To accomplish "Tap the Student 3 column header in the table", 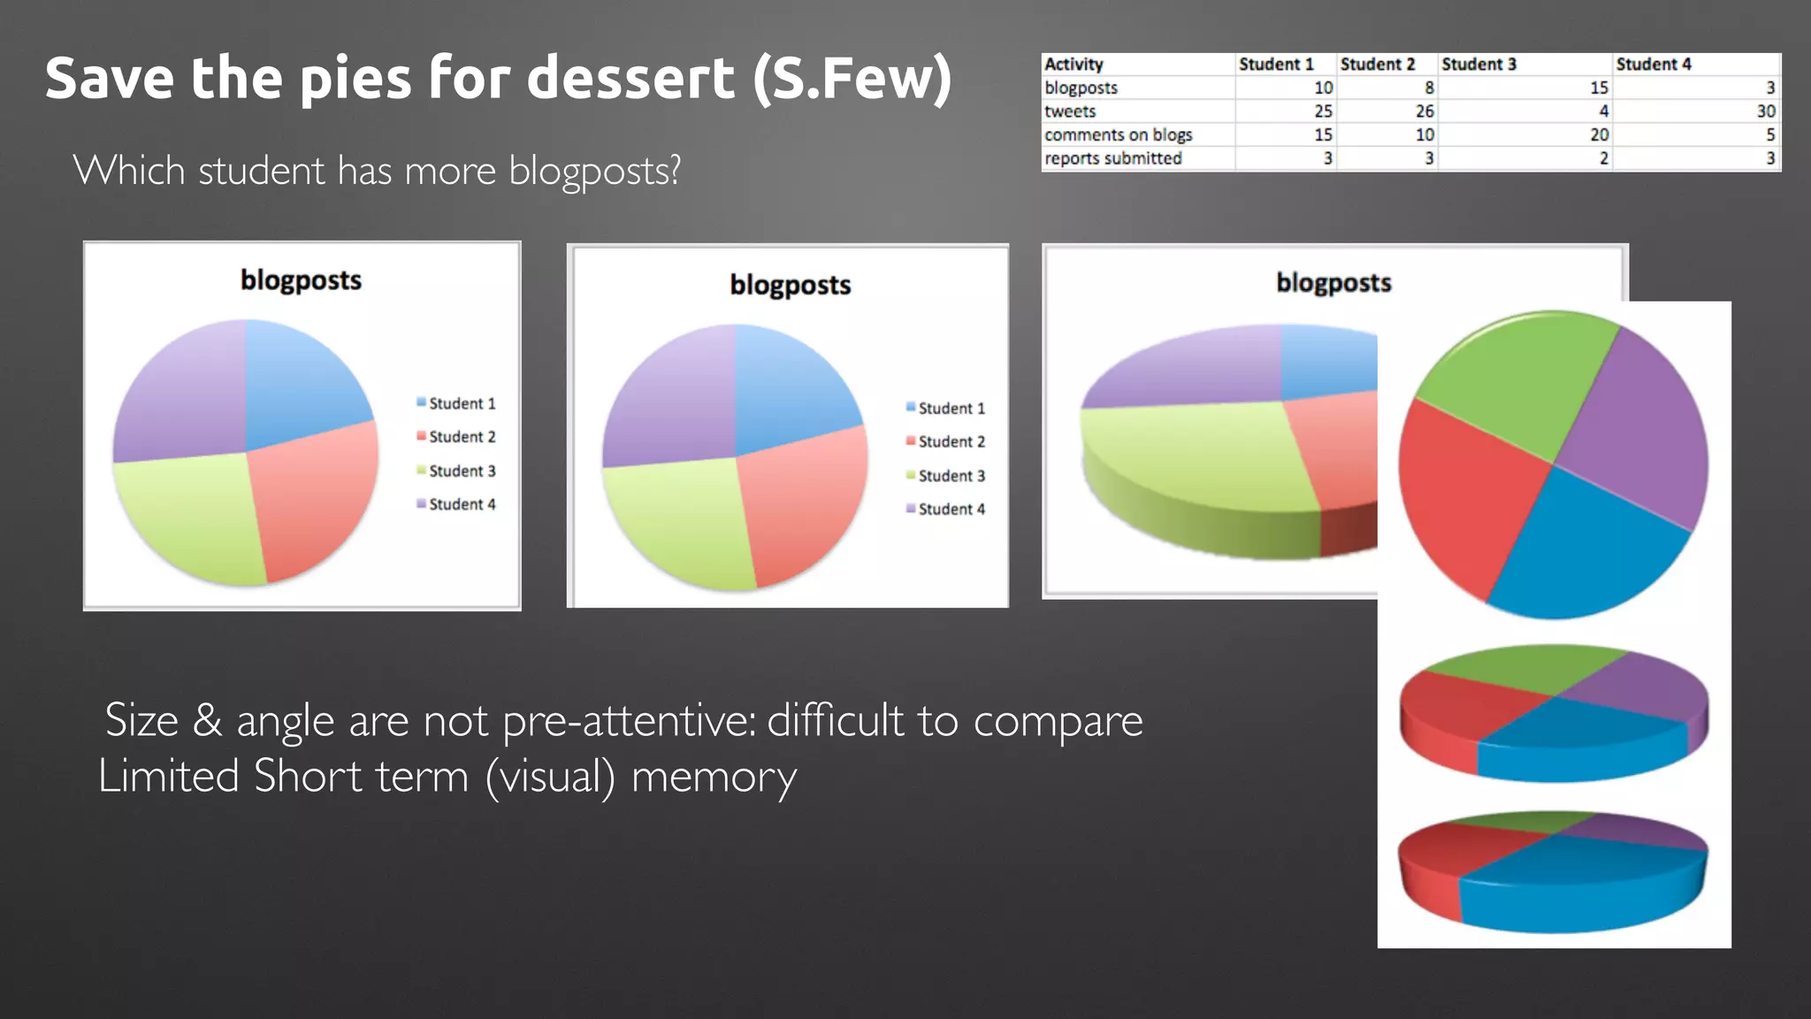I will pos(1479,65).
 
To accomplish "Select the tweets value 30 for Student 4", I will pos(1765,111).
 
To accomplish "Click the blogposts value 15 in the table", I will pos(1599,88).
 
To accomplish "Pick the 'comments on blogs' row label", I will pos(1118,134).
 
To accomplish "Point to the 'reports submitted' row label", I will pos(1112,158).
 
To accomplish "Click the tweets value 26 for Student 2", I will pos(1424,111).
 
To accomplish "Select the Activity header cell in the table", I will pos(1074,65).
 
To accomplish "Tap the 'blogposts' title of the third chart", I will pos(1333,283).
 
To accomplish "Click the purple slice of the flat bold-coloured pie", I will pos(1636,425).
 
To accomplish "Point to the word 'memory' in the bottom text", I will pos(714,778).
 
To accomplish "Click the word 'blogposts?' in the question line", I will pos(594,171).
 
